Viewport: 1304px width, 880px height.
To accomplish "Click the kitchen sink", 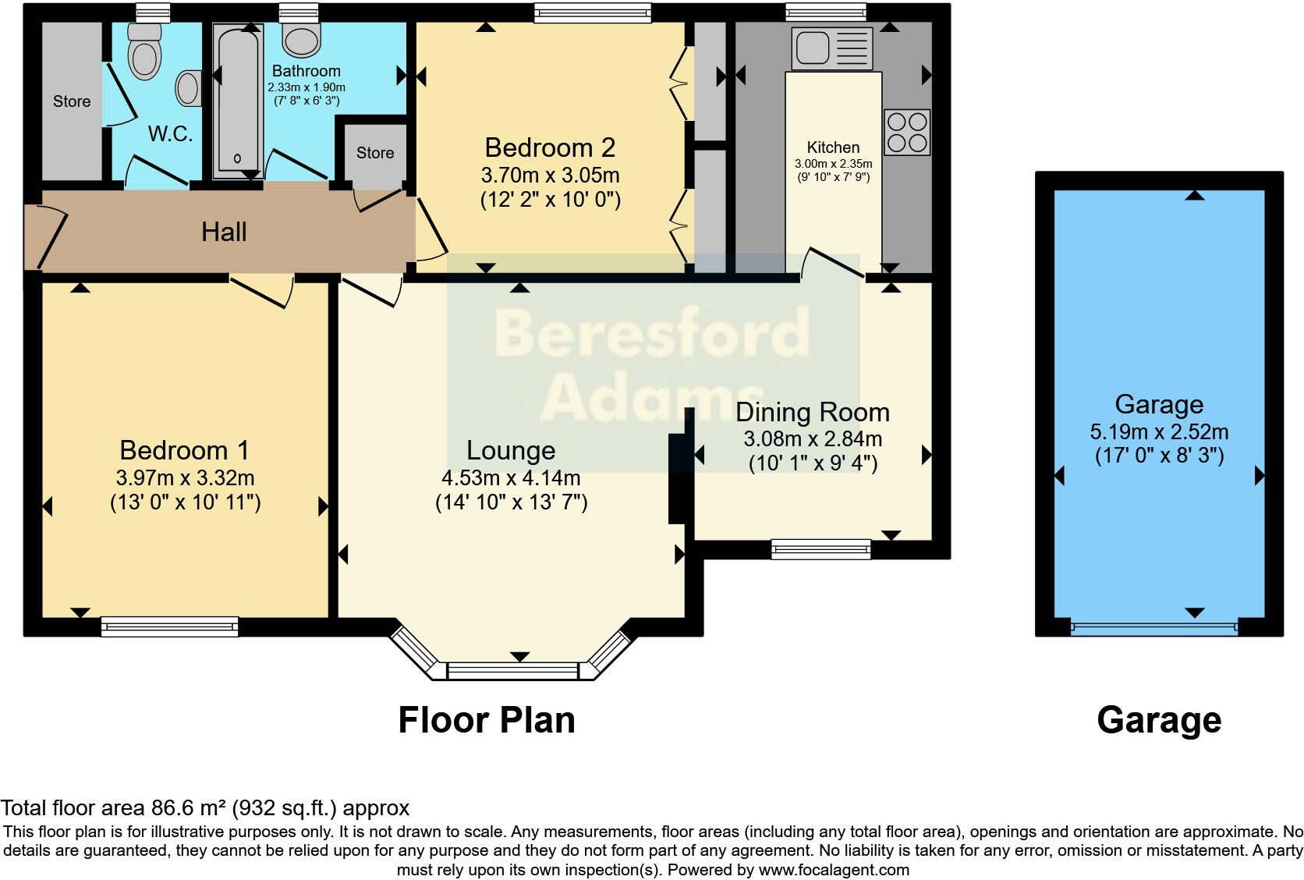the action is (832, 48).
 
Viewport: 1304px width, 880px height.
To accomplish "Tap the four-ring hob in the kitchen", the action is (907, 132).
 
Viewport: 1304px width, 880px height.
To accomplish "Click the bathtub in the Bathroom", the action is (238, 100).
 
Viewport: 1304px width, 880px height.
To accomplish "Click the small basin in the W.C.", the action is (189, 88).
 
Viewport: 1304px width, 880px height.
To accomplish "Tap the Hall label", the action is (224, 232).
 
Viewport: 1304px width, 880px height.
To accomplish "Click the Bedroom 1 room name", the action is (185, 450).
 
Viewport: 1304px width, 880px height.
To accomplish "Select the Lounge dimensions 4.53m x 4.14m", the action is (511, 478).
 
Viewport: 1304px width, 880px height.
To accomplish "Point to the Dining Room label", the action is (813, 413).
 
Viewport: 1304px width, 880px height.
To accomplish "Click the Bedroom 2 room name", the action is (550, 147).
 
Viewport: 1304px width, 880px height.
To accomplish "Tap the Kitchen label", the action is (833, 147).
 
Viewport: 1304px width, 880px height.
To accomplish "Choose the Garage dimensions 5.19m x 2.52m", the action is (1159, 432).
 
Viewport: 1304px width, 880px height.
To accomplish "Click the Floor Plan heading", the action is (487, 720).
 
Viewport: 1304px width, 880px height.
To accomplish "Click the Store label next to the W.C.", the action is (72, 101).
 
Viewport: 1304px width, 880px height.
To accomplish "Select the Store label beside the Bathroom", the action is (375, 153).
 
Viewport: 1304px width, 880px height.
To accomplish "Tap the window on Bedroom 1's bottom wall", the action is (170, 626).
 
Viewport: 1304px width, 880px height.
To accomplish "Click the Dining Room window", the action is (820, 549).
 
